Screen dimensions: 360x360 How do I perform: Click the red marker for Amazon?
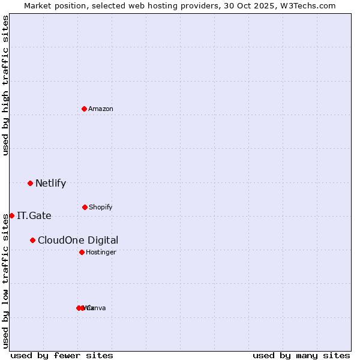pos(85,109)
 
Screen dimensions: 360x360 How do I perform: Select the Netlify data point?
pos(30,183)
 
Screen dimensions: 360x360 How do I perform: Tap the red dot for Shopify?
pos(85,207)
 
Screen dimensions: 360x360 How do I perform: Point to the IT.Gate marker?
pos(11,215)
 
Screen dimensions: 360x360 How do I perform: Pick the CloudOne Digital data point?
pos(32,240)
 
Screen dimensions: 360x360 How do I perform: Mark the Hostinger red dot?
pos(82,252)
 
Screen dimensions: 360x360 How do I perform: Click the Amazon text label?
pos(101,109)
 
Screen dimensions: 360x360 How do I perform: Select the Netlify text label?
pos(50,183)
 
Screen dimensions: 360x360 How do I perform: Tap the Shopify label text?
pos(101,207)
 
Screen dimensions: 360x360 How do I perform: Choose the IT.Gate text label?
pos(34,215)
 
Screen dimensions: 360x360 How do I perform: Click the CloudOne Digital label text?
pos(78,240)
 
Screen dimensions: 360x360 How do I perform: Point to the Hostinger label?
pos(101,252)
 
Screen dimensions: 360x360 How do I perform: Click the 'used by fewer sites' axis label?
pos(62,355)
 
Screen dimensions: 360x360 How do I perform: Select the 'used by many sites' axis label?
pos(301,355)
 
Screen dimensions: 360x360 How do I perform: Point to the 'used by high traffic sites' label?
pos(5,85)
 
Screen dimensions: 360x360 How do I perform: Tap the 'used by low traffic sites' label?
pos(5,281)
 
